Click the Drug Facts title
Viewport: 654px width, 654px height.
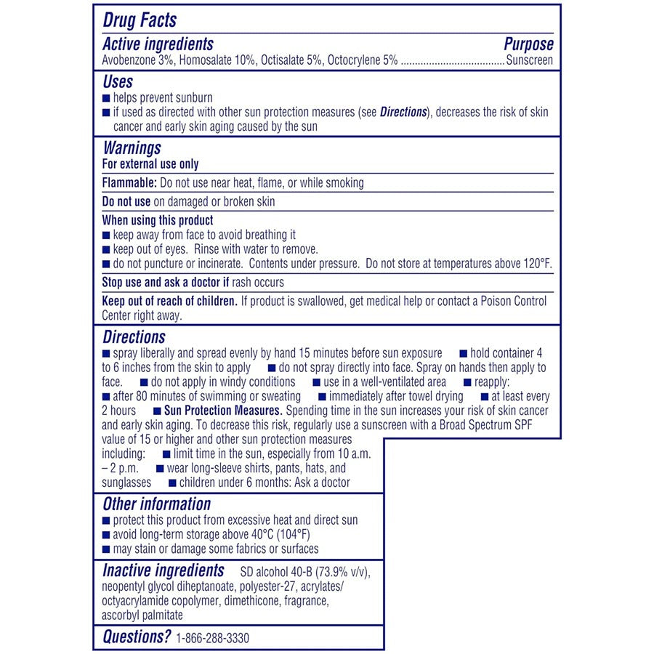[x=140, y=20]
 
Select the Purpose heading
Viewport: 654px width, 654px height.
[x=528, y=44]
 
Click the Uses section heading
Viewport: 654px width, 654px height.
[x=118, y=82]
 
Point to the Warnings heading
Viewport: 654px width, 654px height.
[x=132, y=148]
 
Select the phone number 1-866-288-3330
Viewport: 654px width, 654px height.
[x=212, y=639]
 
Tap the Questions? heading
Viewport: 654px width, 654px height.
[x=137, y=637]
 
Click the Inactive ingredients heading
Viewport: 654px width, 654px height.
[x=163, y=570]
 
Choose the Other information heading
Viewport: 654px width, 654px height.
[x=156, y=504]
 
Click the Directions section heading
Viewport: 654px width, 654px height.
[x=134, y=337]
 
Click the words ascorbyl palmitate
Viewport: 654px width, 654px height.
[x=142, y=615]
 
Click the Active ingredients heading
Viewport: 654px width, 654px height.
[x=158, y=44]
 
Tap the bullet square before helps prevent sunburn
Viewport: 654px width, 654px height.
[x=106, y=97]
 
